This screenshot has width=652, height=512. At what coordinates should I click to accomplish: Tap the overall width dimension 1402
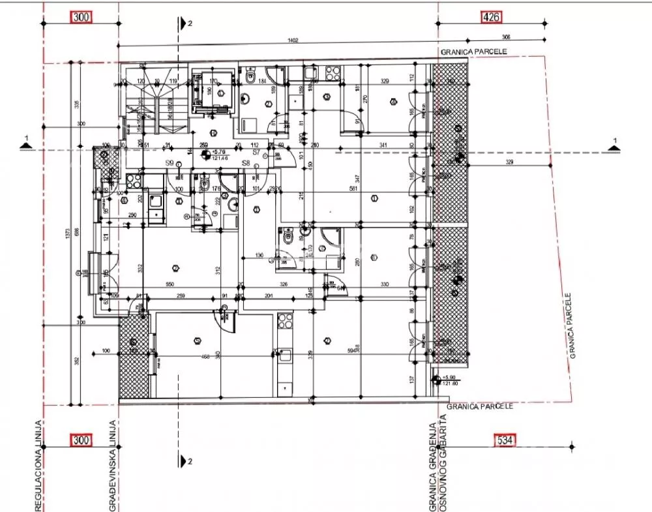click(293, 40)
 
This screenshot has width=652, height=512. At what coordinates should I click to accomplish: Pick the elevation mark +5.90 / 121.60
click(449, 380)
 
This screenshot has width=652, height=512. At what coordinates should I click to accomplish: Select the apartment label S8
click(246, 163)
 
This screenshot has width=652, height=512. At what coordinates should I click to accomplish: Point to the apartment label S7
click(256, 153)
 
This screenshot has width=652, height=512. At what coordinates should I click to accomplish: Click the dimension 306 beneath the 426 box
click(506, 37)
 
